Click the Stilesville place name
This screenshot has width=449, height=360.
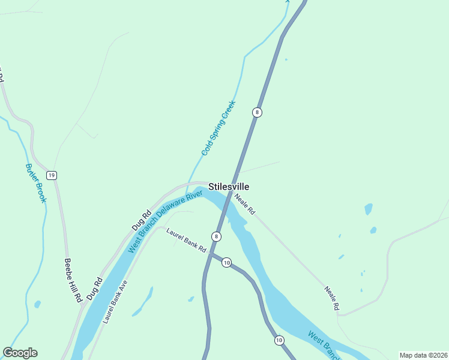pos(229,187)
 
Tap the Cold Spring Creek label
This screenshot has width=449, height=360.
pos(218,128)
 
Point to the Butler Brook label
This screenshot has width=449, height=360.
pos(35,183)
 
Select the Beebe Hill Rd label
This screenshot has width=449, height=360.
pos(73,280)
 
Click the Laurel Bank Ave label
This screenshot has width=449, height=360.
pos(115,302)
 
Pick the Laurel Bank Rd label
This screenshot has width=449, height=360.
pos(186,239)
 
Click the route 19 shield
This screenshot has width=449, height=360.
pos(52,175)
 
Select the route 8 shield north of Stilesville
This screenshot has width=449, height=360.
pos(257,112)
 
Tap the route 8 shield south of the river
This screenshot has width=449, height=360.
pos(216,236)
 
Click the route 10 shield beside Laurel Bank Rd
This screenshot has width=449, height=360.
pos(226,262)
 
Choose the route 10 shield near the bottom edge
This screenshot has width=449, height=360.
pos(279,340)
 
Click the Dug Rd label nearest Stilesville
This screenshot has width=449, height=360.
pos(142,221)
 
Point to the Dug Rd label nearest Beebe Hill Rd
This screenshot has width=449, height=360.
pos(94,289)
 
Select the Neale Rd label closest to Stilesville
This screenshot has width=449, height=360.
pos(245,204)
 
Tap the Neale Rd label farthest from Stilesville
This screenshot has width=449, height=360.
pos(332,298)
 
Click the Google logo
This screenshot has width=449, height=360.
pos(20,353)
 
